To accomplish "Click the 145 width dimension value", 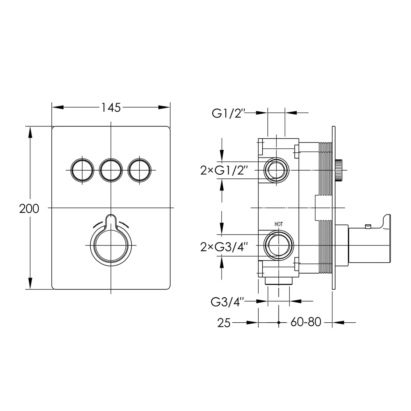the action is [x=111, y=108].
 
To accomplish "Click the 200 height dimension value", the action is [x=29, y=209].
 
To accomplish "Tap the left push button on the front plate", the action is [x=82, y=170].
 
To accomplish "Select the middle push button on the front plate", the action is [x=111, y=170].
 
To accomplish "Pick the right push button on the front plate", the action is [x=139, y=170].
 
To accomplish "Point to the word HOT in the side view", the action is [x=278, y=224].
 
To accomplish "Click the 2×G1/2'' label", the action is [x=224, y=171].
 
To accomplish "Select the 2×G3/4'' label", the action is [x=224, y=247].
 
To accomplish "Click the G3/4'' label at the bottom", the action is [x=227, y=302].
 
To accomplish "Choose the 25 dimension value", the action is [x=224, y=323].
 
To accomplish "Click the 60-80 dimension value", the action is [x=306, y=322].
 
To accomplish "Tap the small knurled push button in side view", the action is [x=339, y=171].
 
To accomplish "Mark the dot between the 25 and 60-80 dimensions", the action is [x=278, y=323].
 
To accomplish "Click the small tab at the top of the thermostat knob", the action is [x=111, y=220].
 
